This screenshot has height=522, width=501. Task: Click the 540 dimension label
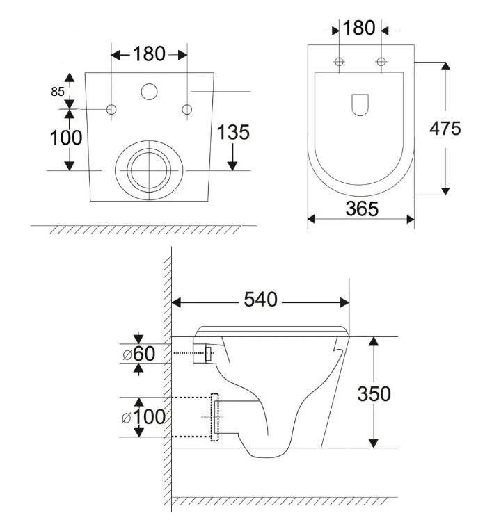click(260, 300)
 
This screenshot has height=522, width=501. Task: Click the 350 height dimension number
click(374, 394)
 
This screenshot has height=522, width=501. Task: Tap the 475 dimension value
click(445, 128)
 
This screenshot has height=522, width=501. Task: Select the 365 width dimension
click(362, 209)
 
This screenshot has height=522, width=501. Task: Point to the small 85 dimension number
click(57, 92)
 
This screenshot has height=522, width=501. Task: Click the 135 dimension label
click(233, 132)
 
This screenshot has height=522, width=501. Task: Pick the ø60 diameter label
click(139, 354)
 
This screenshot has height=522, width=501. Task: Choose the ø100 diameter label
click(143, 417)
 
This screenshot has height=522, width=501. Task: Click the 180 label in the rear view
click(149, 54)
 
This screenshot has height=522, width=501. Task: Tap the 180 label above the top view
click(358, 28)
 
